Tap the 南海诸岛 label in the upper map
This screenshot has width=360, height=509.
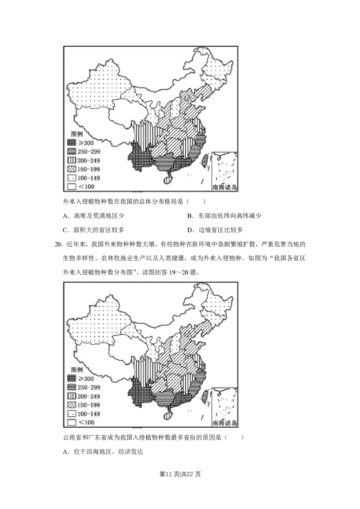coord(225,188)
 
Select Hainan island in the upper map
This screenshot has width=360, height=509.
coord(168,180)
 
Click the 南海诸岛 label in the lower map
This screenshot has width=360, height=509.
coord(225,423)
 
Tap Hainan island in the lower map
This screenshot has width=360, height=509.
coord(168,415)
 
